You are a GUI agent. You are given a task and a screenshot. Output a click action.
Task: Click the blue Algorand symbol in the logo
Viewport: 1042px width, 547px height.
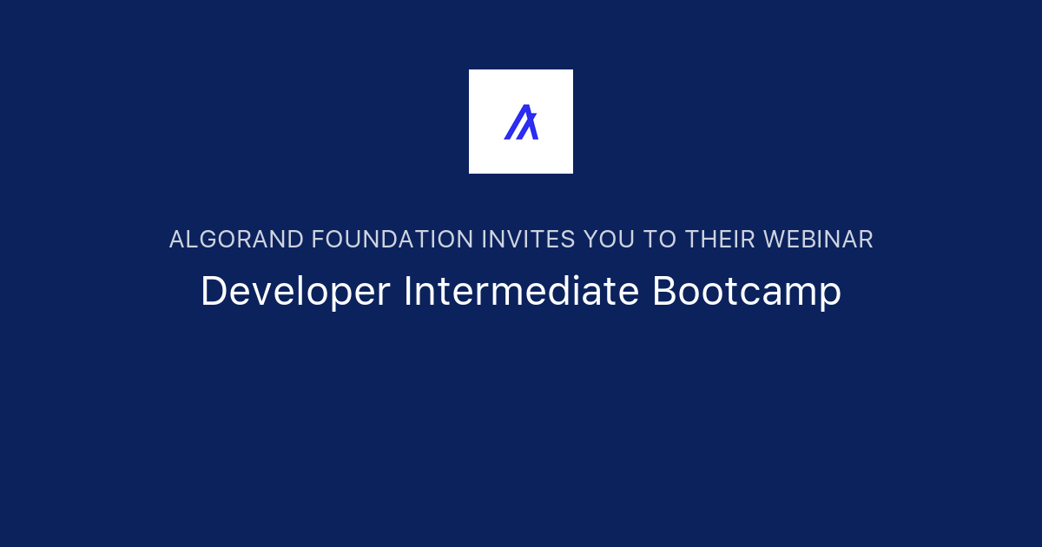coord(521,122)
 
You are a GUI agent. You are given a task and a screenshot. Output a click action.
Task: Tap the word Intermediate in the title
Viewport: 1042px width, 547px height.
coord(521,292)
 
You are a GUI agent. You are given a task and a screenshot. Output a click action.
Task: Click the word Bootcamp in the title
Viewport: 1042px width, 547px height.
coord(747,293)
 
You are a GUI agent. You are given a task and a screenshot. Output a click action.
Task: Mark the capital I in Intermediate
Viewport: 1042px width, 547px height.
coord(407,292)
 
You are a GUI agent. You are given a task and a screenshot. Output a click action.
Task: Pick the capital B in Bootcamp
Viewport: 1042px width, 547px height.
coord(663,292)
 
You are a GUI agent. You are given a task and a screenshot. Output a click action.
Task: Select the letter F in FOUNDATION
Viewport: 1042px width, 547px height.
coord(318,240)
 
